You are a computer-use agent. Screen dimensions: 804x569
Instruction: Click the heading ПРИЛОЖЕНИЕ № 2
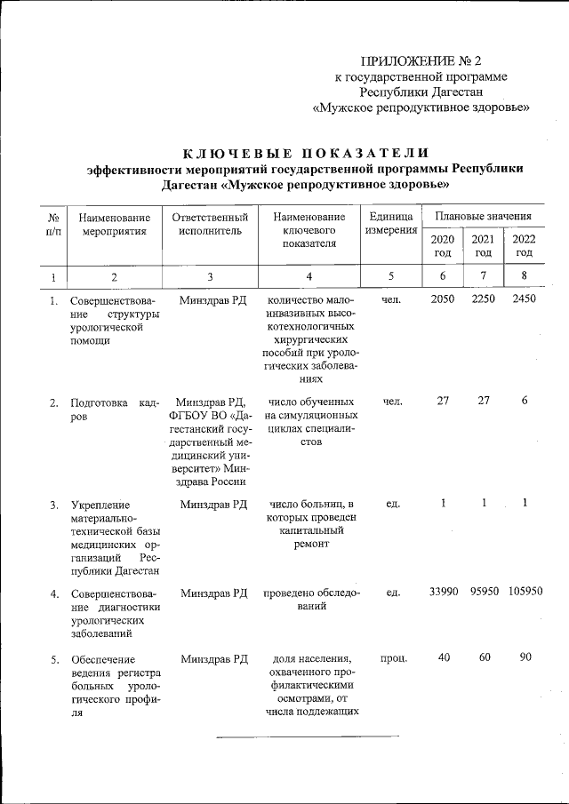click(x=420, y=61)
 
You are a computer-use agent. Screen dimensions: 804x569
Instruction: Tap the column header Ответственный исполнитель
click(x=210, y=224)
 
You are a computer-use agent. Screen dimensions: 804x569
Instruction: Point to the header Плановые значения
click(x=483, y=216)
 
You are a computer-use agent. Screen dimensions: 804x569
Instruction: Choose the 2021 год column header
click(x=483, y=246)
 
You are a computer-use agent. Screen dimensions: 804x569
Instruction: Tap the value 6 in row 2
click(x=525, y=402)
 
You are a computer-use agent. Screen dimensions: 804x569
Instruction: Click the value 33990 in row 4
click(x=443, y=592)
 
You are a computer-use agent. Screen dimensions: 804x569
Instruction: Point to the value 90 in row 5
click(x=525, y=658)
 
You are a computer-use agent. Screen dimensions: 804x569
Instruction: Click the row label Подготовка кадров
click(x=115, y=410)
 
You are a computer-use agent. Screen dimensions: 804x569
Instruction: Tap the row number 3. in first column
click(x=55, y=505)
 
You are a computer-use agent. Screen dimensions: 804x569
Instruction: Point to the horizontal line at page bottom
click(x=309, y=736)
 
